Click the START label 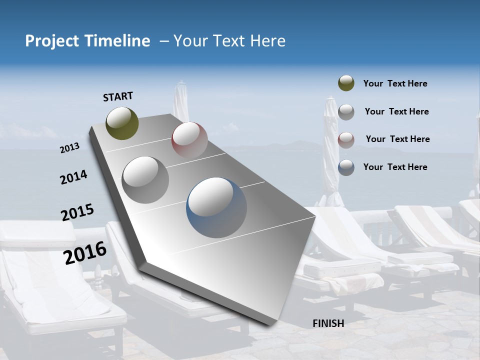point(118,96)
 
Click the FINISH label point(328,323)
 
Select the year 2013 point(69,148)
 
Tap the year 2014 point(73,177)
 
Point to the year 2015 point(77,212)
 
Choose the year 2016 point(85,252)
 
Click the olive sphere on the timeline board point(122,123)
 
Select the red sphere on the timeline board point(189,139)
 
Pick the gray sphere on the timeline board point(145,179)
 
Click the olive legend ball point(346,83)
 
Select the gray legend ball point(346,112)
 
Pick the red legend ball point(346,139)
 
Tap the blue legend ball point(346,167)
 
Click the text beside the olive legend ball point(395,83)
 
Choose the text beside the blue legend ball point(395,167)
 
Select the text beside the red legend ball point(397,139)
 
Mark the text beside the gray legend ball point(396,111)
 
